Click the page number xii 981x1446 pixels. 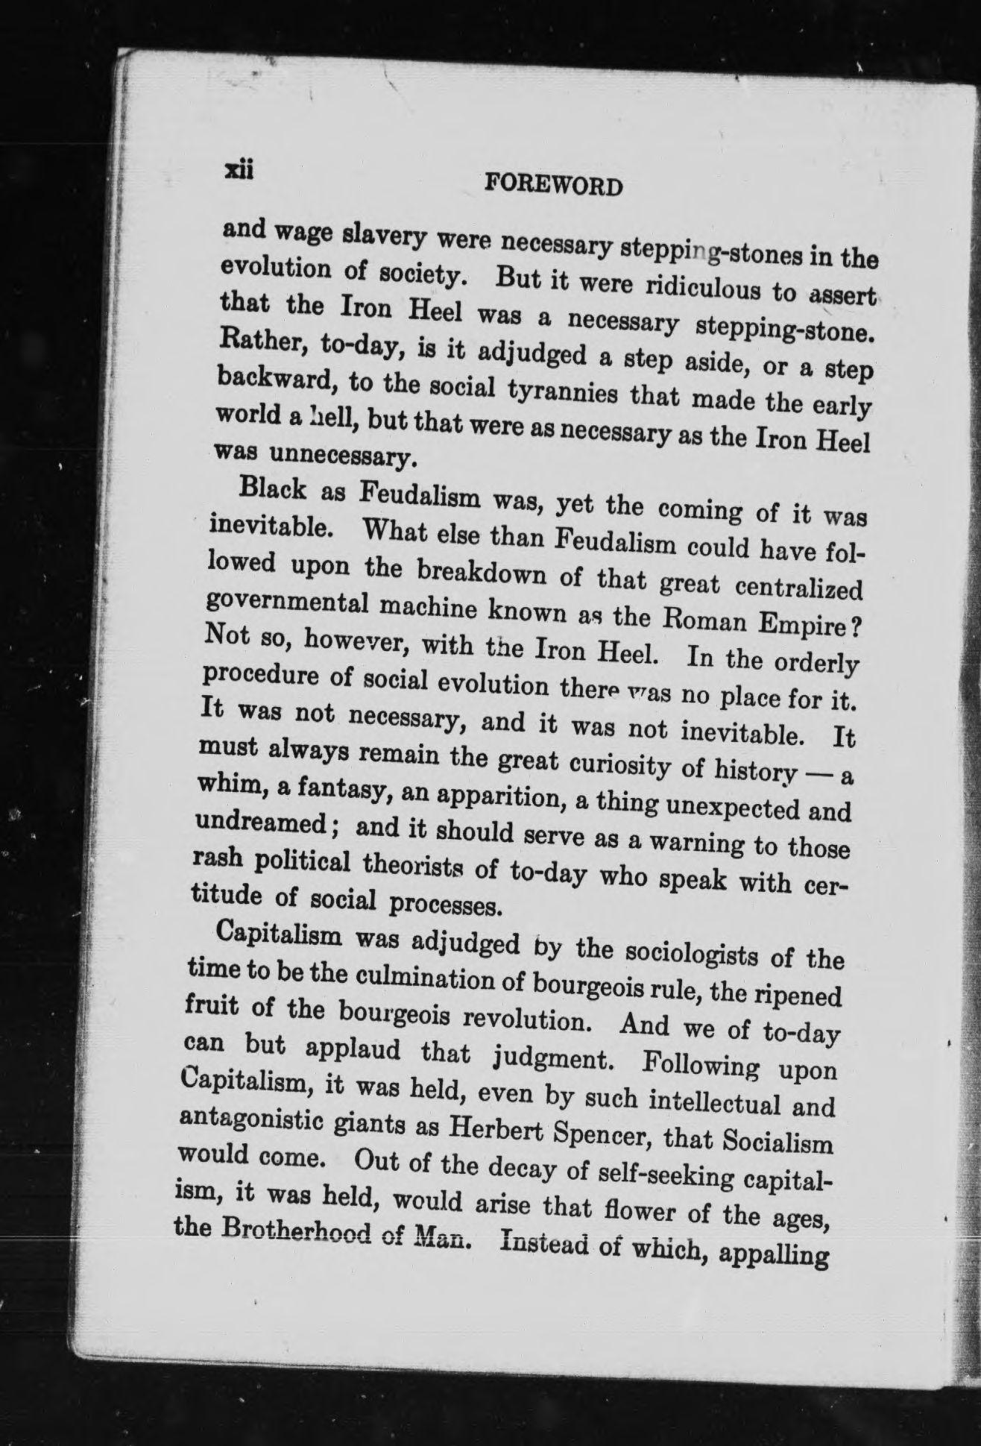[239, 172]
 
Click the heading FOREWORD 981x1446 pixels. [553, 183]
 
